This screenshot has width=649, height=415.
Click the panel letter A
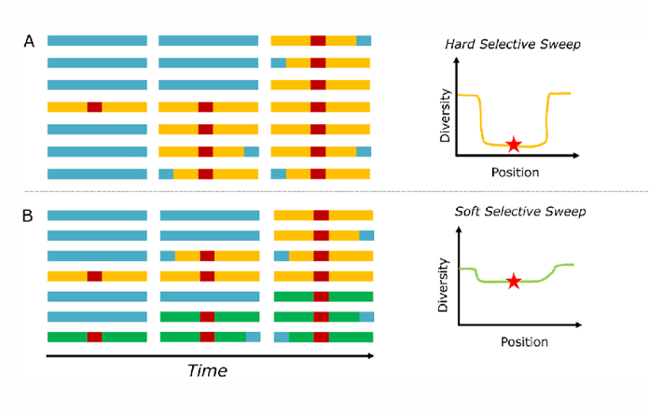[x=28, y=41]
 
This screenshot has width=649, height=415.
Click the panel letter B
[x=28, y=215]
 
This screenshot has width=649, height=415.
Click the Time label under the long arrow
[x=207, y=370]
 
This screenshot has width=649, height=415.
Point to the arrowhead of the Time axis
[x=370, y=355]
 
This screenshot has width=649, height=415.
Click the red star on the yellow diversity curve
[x=513, y=145]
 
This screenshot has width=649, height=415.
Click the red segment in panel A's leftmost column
[x=94, y=107]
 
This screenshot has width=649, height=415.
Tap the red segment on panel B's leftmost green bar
[x=94, y=337]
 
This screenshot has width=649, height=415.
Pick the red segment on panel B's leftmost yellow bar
[x=94, y=276]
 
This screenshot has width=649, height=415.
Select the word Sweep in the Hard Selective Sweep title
[x=559, y=44]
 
